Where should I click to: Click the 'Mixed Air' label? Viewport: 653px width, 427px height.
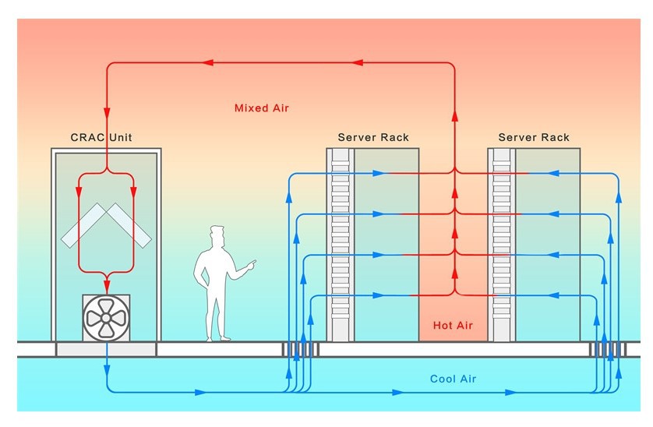[261, 108]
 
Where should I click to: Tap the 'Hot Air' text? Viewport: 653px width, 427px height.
[454, 324]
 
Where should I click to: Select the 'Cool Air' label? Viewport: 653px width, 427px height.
[453, 379]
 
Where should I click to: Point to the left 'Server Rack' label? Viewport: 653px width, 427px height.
[372, 138]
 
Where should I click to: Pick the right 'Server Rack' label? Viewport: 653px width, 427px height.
[534, 138]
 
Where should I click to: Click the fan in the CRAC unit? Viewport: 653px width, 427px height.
[107, 316]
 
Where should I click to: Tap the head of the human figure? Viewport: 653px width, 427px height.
[217, 235]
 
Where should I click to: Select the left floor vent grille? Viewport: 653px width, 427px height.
[300, 350]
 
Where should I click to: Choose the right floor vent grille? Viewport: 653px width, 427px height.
[608, 350]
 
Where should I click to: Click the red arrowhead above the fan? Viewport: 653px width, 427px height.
[107, 285]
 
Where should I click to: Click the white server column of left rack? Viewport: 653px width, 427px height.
[340, 245]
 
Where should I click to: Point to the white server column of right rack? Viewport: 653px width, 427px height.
[501, 245]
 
